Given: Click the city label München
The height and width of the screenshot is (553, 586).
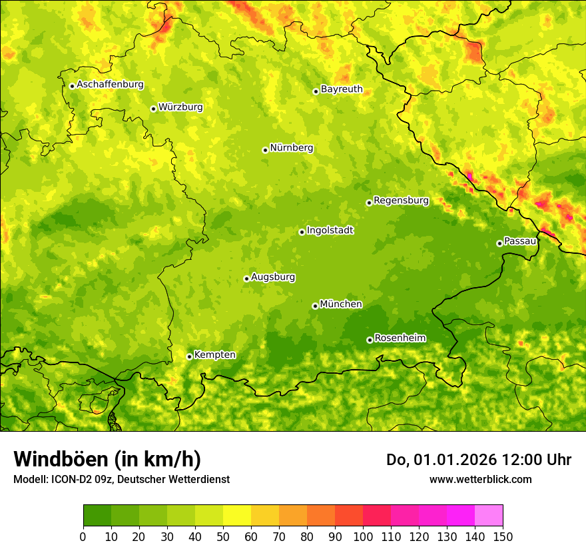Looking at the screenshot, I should tap(341, 304).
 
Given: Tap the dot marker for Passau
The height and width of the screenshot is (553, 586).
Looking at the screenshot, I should tap(499, 243).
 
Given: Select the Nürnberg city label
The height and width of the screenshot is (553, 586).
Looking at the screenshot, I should tap(291, 148).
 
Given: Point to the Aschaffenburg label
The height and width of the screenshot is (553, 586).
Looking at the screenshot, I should tap(110, 85).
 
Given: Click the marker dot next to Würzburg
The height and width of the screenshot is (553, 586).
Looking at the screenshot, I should tap(153, 109).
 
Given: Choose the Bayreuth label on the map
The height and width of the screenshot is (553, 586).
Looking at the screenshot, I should tap(342, 89).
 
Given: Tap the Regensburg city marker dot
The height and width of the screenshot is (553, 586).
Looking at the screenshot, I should tap(369, 203).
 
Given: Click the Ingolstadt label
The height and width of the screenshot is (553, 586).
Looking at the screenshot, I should tap(330, 231).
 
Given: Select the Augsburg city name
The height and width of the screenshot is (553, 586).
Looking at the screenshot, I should tap(273, 277).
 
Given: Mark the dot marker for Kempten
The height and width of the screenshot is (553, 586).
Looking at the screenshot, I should tap(189, 356).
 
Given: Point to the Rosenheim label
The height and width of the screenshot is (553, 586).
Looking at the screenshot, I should tap(400, 338).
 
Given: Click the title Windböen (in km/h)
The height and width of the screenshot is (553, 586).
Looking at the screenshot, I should tap(107, 459).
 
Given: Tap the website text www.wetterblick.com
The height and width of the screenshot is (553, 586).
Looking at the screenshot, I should tap(480, 479).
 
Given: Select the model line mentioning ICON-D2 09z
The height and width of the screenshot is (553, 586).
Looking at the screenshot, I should tap(121, 480).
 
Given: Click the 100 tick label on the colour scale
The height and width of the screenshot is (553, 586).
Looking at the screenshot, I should tap(363, 537).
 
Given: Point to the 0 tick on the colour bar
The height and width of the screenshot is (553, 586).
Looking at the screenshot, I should tap(83, 537).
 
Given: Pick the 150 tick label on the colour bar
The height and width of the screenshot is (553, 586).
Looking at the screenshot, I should tap(503, 537).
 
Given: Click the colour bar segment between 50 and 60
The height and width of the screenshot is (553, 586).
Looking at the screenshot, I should tap(237, 516).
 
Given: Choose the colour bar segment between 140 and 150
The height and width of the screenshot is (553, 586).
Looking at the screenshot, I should tap(489, 516).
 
